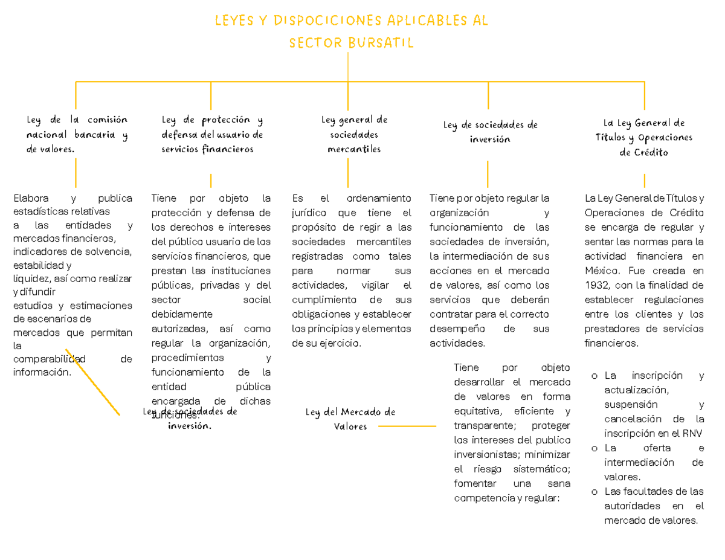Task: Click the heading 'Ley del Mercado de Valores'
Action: pos(350,419)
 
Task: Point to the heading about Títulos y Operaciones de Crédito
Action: pos(644,138)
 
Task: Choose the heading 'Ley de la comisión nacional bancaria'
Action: pos(76,134)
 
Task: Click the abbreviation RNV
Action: pos(692,433)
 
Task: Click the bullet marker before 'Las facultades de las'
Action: pos(595,491)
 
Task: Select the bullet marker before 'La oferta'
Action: pos(595,448)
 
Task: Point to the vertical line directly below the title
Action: pos(349,66)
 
